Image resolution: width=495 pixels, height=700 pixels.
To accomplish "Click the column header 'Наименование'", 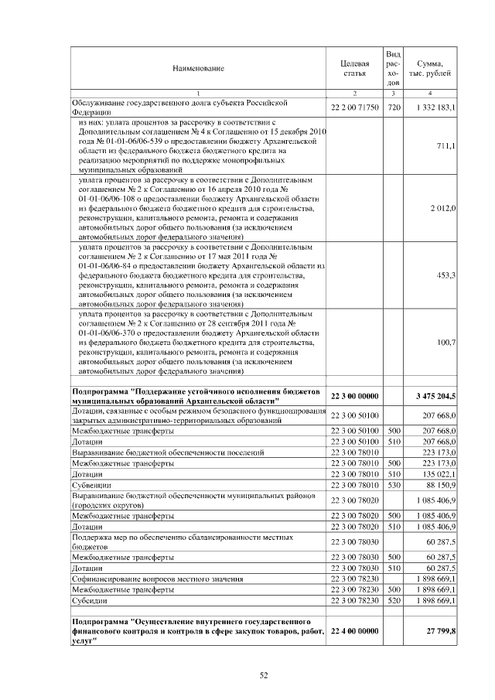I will [199, 69].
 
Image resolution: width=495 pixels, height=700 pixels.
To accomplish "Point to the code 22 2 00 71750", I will [354, 107].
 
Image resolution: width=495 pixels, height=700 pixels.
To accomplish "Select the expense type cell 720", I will [393, 107].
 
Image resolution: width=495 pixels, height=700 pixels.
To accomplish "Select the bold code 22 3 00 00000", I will [354, 397].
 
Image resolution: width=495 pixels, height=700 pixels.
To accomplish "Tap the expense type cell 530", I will [393, 484].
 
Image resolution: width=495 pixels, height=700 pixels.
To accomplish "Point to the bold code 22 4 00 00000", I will [354, 631].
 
